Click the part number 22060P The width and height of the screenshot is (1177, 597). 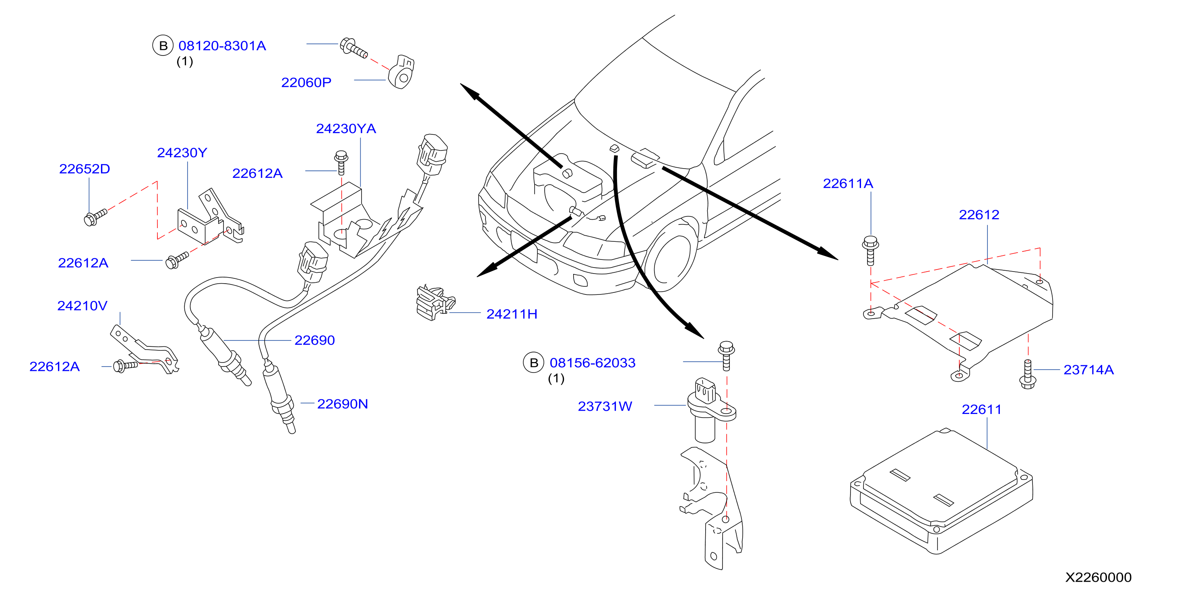[x=306, y=83]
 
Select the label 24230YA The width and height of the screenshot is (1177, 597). [x=346, y=129]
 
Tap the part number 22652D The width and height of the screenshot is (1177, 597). [x=85, y=169]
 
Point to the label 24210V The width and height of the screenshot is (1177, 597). [x=82, y=306]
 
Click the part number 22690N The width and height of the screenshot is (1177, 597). [x=342, y=404]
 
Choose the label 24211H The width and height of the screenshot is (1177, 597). [x=512, y=314]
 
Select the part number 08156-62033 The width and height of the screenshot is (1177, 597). [x=592, y=363]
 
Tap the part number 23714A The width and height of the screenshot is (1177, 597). [x=1088, y=370]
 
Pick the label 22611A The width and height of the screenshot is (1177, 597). [x=848, y=183]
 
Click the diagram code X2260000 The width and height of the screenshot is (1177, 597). [x=1099, y=577]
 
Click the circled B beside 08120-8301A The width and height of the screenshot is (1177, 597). [x=163, y=46]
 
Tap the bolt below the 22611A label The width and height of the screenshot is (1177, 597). [x=870, y=250]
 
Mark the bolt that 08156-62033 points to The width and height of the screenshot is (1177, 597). [x=727, y=356]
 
